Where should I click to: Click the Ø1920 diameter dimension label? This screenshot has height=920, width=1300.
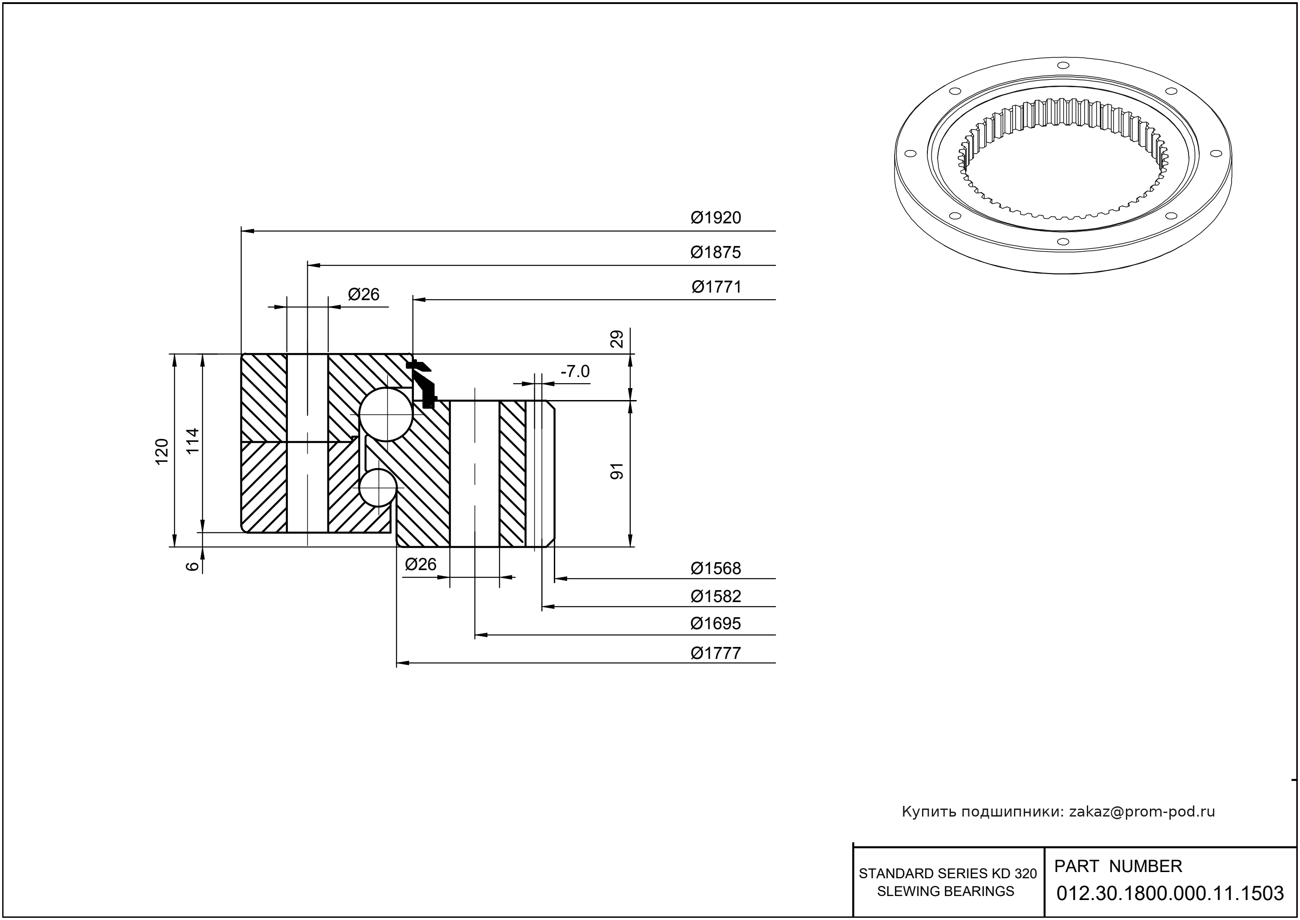click(715, 218)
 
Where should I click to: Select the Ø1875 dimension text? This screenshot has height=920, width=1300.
click(715, 253)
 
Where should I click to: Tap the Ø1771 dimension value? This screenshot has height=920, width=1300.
click(716, 287)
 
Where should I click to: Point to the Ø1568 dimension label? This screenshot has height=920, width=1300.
click(715, 568)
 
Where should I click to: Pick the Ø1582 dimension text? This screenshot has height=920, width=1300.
click(715, 596)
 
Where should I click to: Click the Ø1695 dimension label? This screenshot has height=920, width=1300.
click(715, 624)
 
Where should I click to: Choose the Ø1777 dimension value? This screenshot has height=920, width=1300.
click(715, 654)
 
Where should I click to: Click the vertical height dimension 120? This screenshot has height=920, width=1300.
click(162, 452)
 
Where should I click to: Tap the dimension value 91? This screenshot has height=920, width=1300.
click(616, 471)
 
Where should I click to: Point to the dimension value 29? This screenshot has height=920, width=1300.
click(617, 339)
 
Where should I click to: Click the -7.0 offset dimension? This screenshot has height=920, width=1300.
click(575, 372)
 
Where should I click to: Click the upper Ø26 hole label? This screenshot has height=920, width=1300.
click(363, 294)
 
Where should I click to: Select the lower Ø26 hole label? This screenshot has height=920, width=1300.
click(421, 564)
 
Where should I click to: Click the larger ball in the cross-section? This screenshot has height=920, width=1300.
click(386, 414)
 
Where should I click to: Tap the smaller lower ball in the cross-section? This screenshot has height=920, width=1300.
click(377, 487)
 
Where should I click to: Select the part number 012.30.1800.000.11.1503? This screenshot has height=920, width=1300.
click(1170, 893)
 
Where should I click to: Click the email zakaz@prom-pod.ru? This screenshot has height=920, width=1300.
click(1141, 812)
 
